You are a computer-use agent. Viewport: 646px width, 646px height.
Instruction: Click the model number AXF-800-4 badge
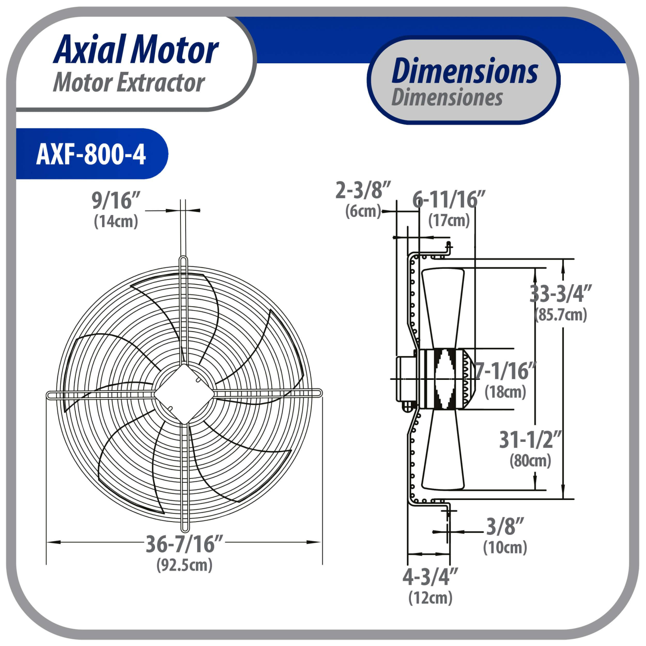[91, 154]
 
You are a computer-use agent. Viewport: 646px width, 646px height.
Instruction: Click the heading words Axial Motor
[136, 50]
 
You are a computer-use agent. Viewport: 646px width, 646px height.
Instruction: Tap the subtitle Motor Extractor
[129, 82]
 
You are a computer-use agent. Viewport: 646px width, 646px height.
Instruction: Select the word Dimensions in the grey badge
[465, 71]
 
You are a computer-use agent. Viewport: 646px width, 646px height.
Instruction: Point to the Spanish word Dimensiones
[447, 97]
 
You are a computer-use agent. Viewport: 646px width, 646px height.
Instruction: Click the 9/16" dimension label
[116, 200]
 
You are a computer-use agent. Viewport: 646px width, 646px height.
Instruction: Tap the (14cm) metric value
[116, 221]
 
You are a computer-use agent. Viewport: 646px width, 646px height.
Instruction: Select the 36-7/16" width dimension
[184, 544]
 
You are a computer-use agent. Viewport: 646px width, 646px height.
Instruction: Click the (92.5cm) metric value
[184, 565]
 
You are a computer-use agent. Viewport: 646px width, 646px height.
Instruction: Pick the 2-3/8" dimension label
[363, 190]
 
